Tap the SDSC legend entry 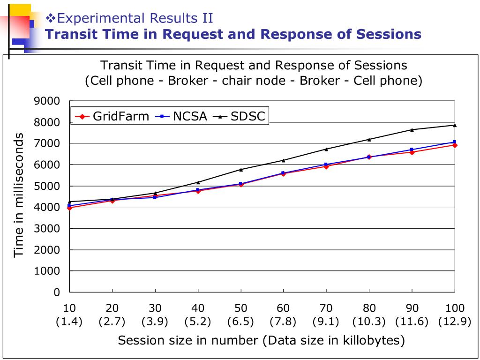click(241, 116)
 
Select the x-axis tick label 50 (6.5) click(240, 315)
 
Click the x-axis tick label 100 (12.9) click(455, 315)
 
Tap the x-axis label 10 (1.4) click(69, 315)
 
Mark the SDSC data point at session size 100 click(455, 125)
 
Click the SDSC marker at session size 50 click(241, 169)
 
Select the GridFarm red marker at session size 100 click(455, 145)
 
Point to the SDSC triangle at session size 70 click(326, 149)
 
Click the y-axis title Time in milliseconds click(19, 195)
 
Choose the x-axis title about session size click(261, 340)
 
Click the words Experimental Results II click(135, 18)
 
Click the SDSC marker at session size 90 click(412, 130)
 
